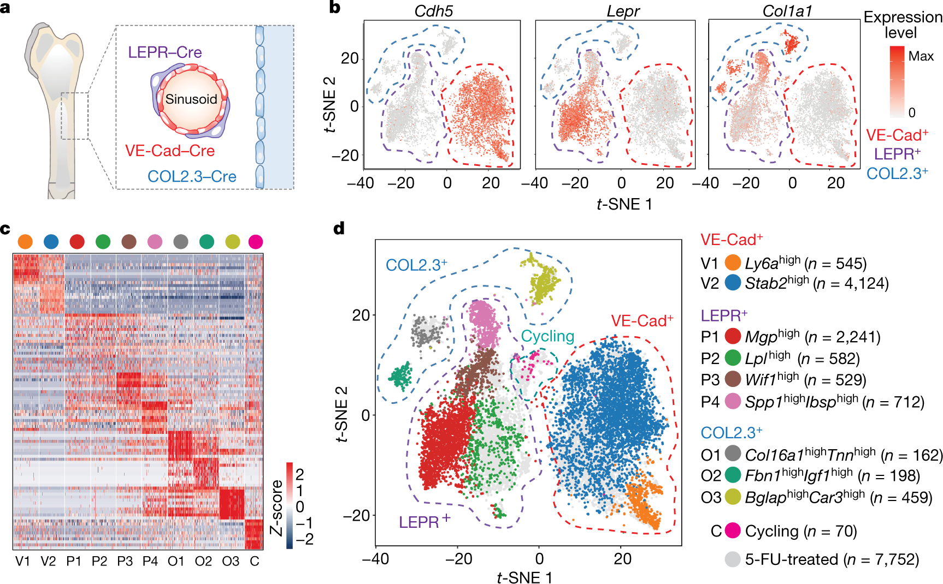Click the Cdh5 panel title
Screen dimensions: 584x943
(434, 11)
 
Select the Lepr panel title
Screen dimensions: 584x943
(623, 11)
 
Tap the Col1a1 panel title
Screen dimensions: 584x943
(787, 11)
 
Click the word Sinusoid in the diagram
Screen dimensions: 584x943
(191, 99)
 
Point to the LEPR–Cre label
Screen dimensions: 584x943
(164, 52)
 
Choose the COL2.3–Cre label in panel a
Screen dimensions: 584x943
(192, 176)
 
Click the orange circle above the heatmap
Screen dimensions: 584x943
(25, 241)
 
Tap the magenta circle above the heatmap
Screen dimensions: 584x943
(255, 241)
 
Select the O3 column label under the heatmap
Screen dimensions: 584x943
(231, 561)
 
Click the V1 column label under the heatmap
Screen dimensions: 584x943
(23, 561)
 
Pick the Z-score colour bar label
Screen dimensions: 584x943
(277, 508)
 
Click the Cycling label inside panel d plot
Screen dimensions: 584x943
(547, 336)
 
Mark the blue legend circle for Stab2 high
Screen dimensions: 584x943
(733, 283)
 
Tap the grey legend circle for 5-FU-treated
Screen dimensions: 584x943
(733, 559)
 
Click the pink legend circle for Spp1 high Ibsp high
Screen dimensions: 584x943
(733, 402)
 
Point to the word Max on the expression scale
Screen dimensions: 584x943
(921, 56)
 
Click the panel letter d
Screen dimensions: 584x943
(339, 228)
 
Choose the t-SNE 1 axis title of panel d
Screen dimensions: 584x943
(524, 577)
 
